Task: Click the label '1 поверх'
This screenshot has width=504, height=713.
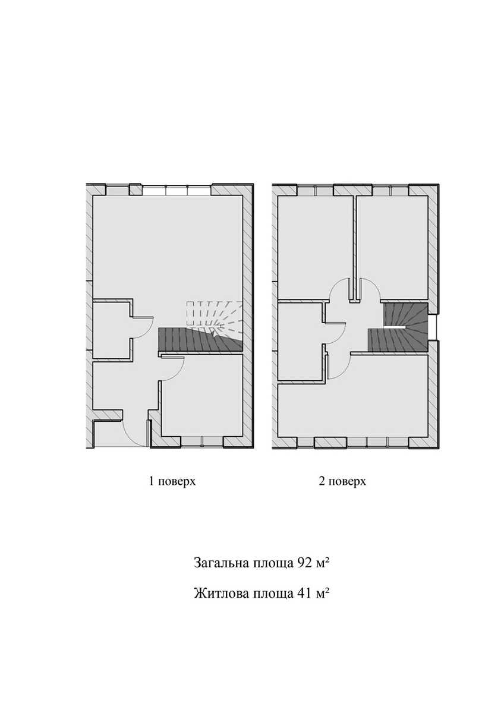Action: (x=172, y=490)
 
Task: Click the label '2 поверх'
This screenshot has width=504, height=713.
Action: (x=342, y=490)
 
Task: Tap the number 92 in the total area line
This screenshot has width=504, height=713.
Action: (x=304, y=563)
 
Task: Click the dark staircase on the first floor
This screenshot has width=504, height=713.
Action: (x=200, y=340)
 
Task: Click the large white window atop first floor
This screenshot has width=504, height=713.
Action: (x=177, y=190)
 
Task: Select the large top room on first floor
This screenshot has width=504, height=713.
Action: (x=168, y=248)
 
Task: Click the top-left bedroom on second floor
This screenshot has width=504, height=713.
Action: (x=315, y=248)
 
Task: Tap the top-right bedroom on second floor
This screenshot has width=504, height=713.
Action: (x=392, y=248)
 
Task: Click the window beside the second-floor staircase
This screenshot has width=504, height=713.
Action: (x=433, y=327)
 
